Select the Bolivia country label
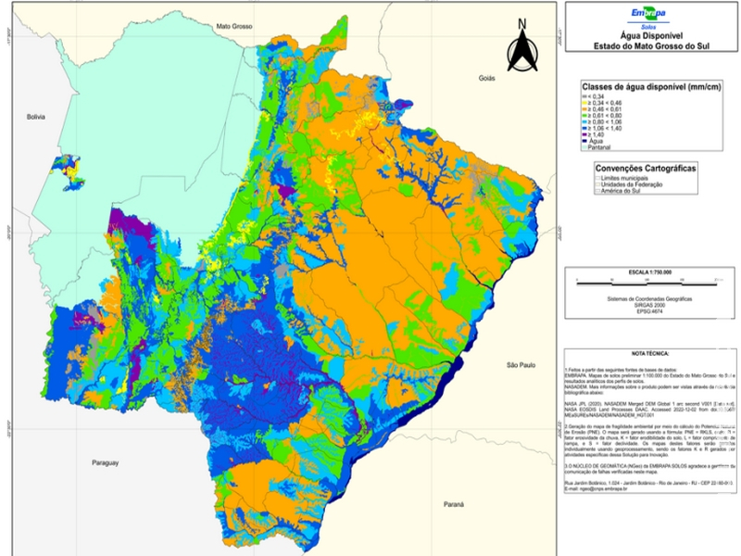click(x=35, y=118)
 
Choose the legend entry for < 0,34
click(x=595, y=96)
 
